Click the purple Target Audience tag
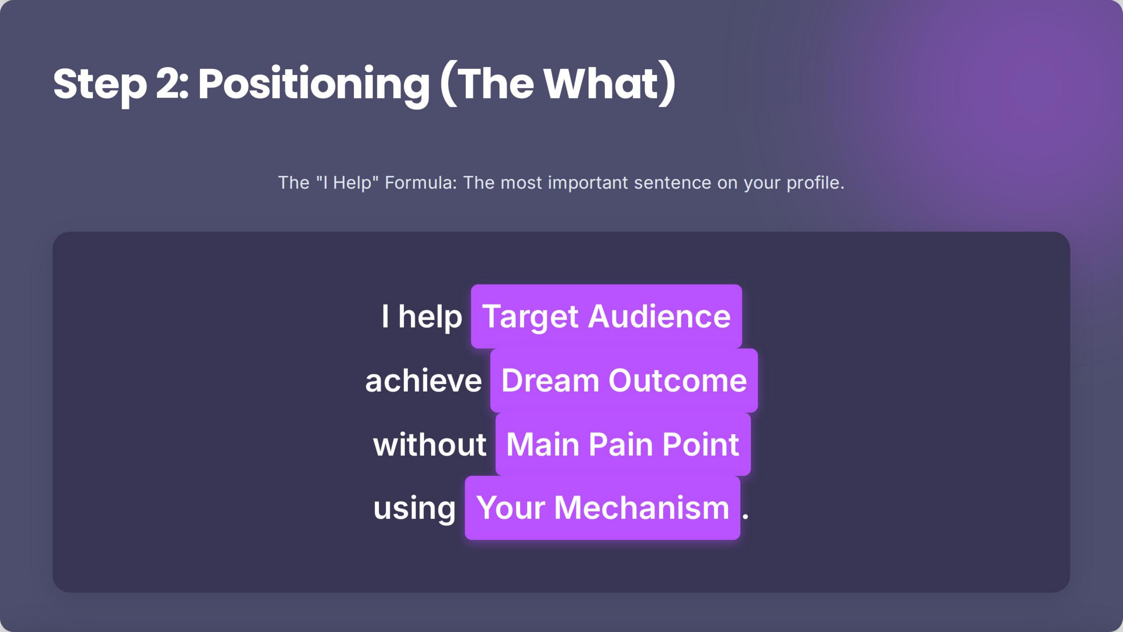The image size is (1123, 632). pos(606,316)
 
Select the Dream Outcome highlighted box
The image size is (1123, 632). pos(624,380)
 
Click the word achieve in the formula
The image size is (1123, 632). pos(423,381)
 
